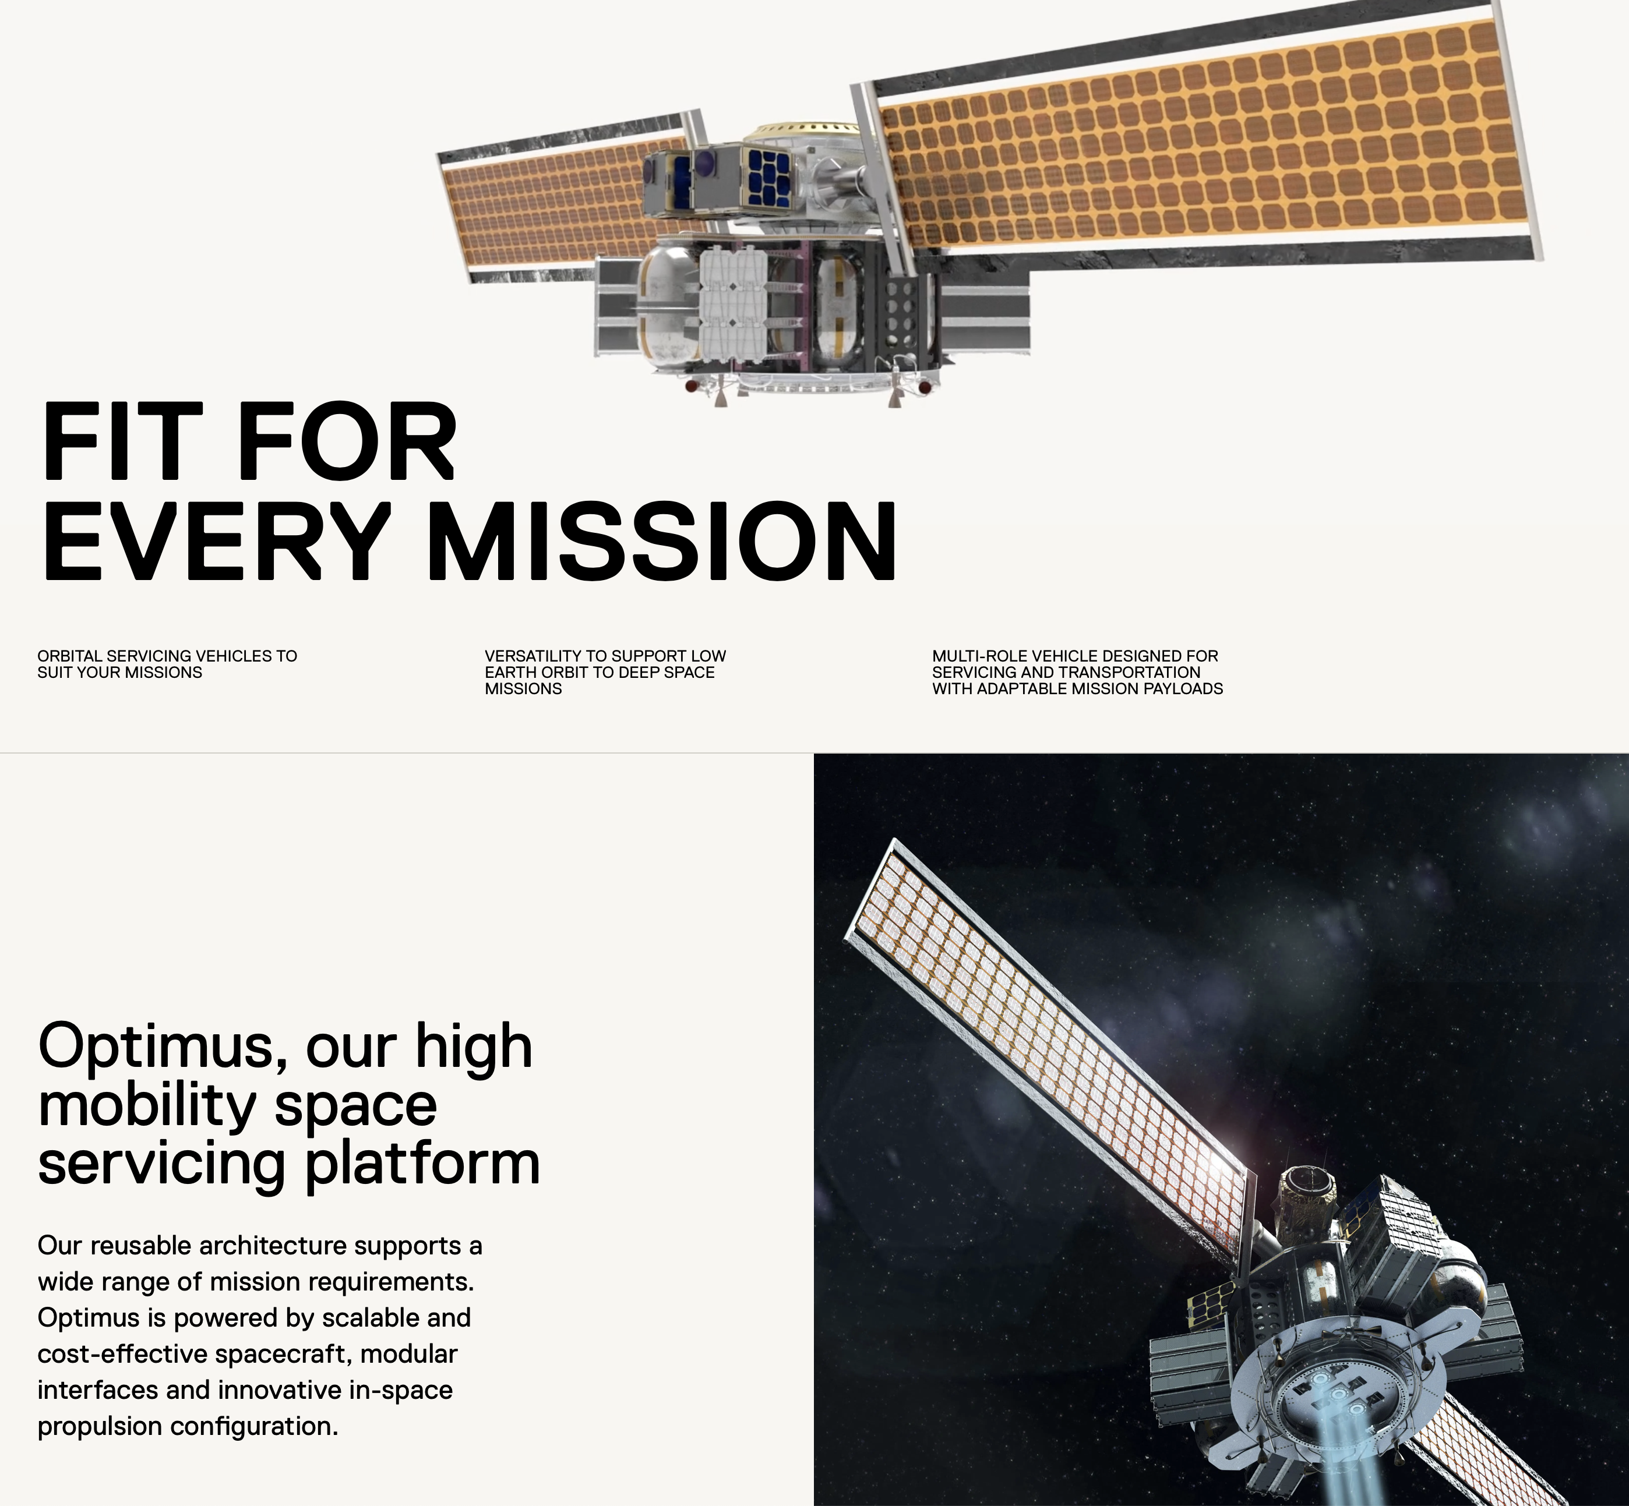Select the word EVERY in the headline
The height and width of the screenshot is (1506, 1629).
pos(216,540)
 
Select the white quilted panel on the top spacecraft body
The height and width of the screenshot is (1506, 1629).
pos(733,306)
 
